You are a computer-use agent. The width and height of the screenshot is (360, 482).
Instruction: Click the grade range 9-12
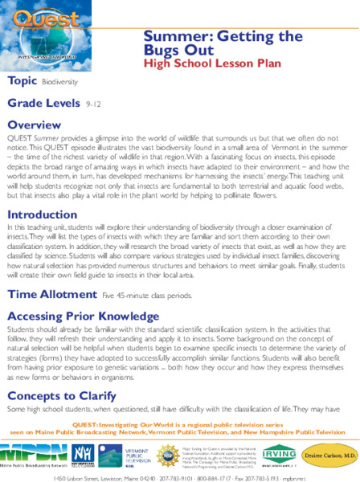coord(94,104)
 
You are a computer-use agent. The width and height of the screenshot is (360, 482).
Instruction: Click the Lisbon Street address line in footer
coord(179,474)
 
